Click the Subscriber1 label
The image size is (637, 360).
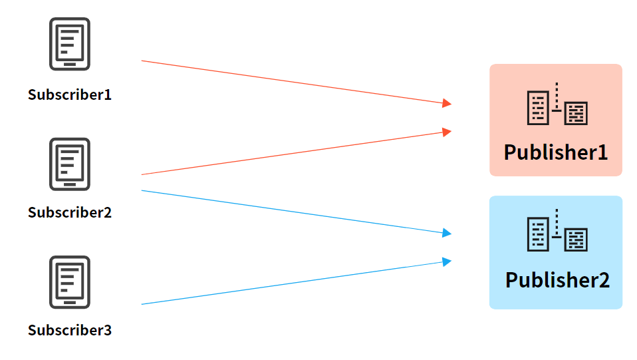click(70, 94)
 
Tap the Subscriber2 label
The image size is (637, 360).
click(70, 213)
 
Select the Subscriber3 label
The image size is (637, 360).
click(70, 330)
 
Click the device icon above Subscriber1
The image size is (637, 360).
click(69, 44)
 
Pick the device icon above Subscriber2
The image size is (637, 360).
click(69, 164)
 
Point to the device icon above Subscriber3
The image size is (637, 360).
click(69, 282)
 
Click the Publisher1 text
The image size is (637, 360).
click(556, 152)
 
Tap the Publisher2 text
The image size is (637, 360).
click(557, 279)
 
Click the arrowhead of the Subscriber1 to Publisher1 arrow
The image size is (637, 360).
click(447, 103)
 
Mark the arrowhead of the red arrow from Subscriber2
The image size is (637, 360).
click(447, 132)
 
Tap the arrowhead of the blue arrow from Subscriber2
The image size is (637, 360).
click(447, 233)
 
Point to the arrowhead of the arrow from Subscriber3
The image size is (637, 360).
click(447, 262)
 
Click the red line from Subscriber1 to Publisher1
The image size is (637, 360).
click(293, 82)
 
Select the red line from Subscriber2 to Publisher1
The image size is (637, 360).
click(293, 153)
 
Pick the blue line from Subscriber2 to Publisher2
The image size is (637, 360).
click(293, 212)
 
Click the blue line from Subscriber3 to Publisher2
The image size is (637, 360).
click(293, 283)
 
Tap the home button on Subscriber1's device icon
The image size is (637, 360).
click(69, 63)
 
